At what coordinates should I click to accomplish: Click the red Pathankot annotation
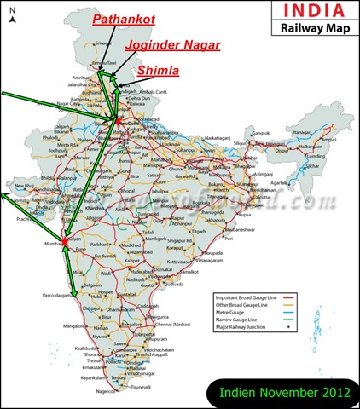click(x=125, y=17)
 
